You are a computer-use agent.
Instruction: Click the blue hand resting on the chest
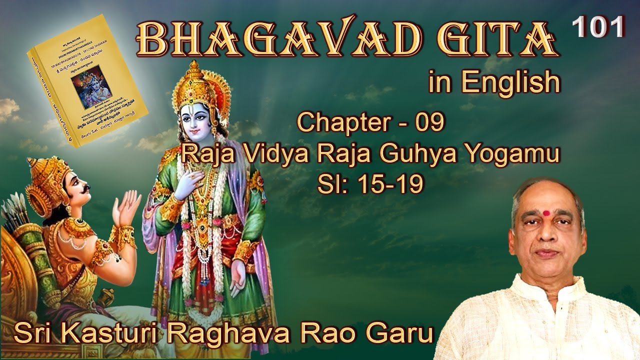(192, 177)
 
